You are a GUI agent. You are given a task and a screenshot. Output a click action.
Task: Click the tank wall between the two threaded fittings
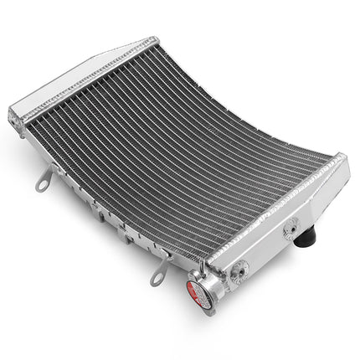[268, 247]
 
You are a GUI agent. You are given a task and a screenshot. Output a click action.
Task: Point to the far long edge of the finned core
[251, 100]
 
